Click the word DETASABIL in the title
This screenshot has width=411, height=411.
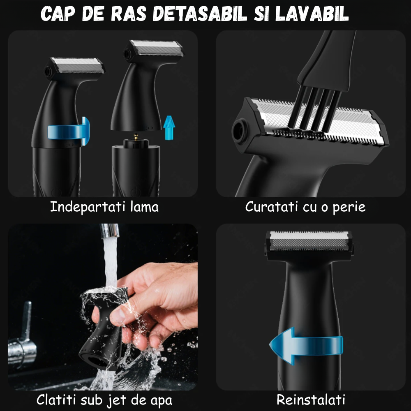pyautogui.click(x=200, y=14)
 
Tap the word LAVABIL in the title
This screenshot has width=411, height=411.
pyautogui.click(x=312, y=14)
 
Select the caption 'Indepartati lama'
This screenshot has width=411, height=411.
pyautogui.click(x=104, y=207)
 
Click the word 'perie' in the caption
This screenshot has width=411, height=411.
pyautogui.click(x=349, y=207)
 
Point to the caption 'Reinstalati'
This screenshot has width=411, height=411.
pyautogui.click(x=311, y=400)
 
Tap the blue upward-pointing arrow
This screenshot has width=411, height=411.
pyautogui.click(x=169, y=128)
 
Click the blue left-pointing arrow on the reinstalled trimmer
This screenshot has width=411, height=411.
pyautogui.click(x=306, y=346)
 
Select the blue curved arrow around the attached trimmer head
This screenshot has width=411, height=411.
pyautogui.click(x=69, y=131)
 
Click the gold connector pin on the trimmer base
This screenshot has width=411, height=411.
pyautogui.click(x=136, y=136)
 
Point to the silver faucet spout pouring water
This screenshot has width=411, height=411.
pyautogui.click(x=109, y=231)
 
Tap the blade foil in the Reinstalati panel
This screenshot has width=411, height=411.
pyautogui.click(x=309, y=240)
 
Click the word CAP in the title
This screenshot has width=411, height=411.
pyautogui.click(x=58, y=14)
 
